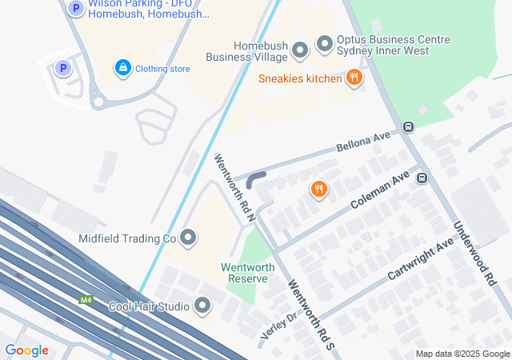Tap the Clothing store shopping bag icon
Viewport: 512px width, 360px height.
pos(122,68)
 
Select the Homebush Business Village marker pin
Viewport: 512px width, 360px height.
pos(301,50)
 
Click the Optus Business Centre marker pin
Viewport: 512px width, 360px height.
pos(324,43)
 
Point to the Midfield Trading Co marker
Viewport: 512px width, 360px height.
pos(188,238)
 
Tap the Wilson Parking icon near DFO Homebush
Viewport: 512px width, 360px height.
pos(75,9)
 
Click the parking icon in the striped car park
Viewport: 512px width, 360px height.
pos(63,69)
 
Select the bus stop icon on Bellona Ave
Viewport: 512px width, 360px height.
pos(409,126)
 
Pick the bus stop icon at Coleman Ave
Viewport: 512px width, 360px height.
pos(422,178)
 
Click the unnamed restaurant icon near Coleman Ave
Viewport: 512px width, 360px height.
pos(318,190)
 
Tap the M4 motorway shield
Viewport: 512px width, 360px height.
pos(86,300)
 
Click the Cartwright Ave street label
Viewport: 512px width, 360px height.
pos(420,258)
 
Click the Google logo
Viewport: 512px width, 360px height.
pos(27,350)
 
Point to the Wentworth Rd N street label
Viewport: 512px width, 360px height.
pos(235,187)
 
